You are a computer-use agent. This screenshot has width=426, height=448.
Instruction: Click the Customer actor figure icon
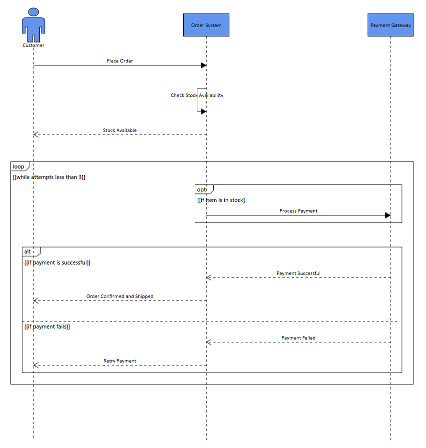[33, 25]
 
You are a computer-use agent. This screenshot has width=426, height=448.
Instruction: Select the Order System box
[206, 25]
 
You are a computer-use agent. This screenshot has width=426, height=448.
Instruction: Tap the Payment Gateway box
[391, 25]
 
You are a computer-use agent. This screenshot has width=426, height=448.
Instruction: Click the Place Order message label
[120, 61]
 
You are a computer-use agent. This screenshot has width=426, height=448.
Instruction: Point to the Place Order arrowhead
[203, 65]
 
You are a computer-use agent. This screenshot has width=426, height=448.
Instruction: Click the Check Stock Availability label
[197, 95]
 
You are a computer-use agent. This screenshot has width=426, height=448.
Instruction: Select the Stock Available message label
[120, 130]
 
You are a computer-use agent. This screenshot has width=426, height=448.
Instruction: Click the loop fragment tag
[18, 166]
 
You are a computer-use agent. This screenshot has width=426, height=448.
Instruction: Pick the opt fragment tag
[202, 189]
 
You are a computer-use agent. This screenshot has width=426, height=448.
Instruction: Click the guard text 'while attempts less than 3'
[49, 177]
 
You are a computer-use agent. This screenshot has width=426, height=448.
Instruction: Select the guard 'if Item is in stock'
[221, 200]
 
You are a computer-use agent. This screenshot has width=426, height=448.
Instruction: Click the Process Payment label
[298, 211]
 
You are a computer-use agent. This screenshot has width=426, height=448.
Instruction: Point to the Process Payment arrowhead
[388, 215]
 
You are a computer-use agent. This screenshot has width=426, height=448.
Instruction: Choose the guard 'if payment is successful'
[57, 262]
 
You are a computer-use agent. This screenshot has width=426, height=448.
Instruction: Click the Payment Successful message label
[298, 273]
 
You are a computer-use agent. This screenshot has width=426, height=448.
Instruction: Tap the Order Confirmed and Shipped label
[120, 296]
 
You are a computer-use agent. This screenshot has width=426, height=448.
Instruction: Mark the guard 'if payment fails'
[47, 326]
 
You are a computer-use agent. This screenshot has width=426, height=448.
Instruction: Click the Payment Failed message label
[298, 338]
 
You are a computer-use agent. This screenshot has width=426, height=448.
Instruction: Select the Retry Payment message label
[120, 361]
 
